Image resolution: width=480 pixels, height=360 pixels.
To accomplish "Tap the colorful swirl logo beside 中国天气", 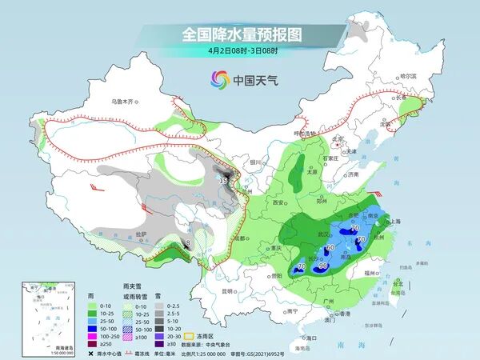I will tap(219, 79).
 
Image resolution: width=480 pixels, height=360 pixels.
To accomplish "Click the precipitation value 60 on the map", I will tap(330, 248).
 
